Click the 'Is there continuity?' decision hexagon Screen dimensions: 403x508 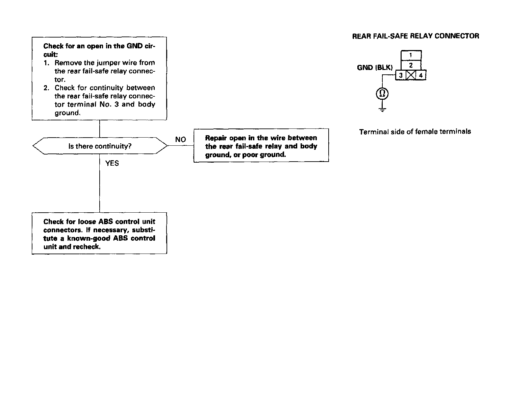100,146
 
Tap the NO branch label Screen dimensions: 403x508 180,139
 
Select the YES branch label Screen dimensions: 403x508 112,163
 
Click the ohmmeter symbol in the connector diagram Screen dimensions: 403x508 382,93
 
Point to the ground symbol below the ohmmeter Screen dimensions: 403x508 382,109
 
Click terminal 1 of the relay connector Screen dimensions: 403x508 411,55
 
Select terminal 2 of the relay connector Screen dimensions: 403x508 411,65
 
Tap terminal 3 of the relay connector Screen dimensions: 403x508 401,75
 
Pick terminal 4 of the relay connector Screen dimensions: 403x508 421,75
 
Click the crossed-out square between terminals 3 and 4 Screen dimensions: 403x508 411,75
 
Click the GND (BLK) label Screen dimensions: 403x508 375,68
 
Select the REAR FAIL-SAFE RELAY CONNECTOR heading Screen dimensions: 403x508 415,36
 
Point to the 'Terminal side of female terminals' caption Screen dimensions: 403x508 415,132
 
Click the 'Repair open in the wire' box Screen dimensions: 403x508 261,146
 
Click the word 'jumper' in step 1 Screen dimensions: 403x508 101,63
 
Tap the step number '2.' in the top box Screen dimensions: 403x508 47,88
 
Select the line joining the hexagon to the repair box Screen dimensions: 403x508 181,146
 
